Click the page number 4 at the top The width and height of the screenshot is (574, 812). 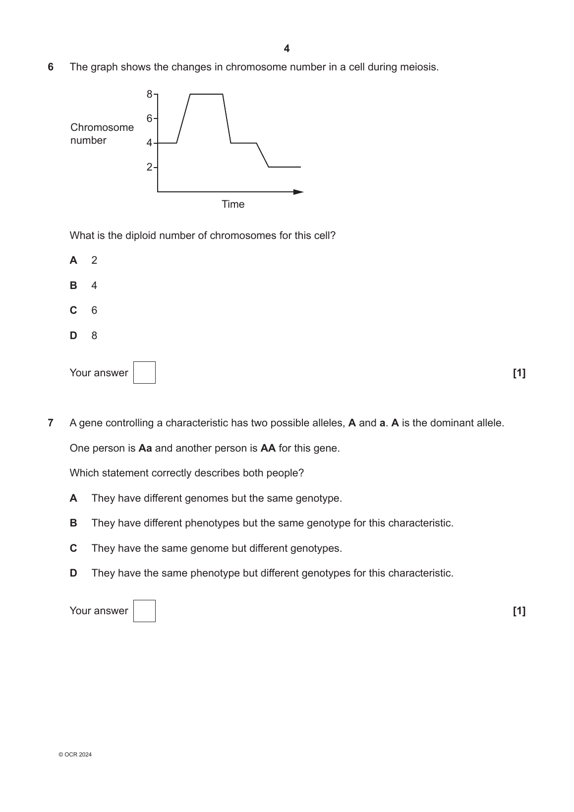[x=287, y=49]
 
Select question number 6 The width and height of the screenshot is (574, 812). [x=51, y=67]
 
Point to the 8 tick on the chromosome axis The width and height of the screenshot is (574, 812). [x=150, y=94]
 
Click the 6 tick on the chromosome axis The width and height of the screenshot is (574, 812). [x=150, y=118]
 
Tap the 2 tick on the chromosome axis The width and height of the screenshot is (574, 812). [x=150, y=167]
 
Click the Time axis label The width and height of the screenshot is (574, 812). [x=233, y=204]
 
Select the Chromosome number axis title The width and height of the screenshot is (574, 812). [x=102, y=134]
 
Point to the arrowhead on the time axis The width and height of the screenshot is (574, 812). [x=298, y=192]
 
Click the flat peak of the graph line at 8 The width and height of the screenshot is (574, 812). [x=206, y=94]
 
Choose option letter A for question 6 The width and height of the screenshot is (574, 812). [x=73, y=260]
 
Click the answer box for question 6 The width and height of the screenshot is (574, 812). [x=144, y=373]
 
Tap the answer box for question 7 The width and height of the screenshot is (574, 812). [x=144, y=611]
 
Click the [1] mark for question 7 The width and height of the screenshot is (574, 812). [x=519, y=611]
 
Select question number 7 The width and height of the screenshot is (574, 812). [x=51, y=423]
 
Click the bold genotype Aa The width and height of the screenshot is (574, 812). [x=145, y=448]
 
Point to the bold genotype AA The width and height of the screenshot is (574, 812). [x=268, y=448]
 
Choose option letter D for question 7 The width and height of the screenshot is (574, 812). [x=73, y=573]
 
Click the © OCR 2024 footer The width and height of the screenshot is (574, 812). [x=75, y=754]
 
